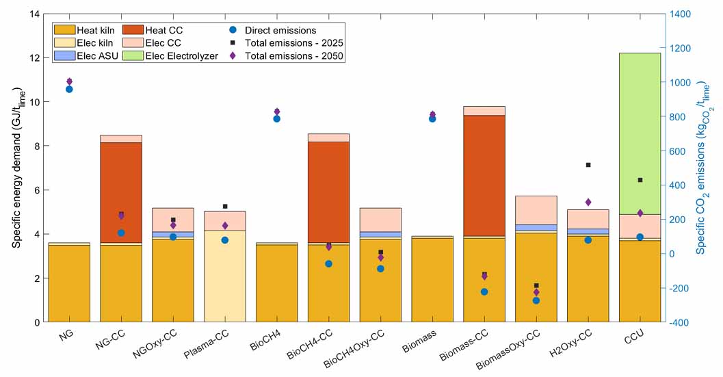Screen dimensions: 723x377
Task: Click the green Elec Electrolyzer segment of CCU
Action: tap(640, 134)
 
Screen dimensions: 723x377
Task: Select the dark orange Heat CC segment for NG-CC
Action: tap(121, 192)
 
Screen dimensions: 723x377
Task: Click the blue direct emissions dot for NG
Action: tap(69, 89)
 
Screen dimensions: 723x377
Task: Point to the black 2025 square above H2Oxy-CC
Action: tap(588, 165)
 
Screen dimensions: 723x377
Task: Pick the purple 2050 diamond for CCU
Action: tap(640, 213)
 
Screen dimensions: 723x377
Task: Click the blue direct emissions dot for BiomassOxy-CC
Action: tap(536, 300)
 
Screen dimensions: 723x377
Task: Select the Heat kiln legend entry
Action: tap(85, 31)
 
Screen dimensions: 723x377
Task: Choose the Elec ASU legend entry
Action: tap(86, 56)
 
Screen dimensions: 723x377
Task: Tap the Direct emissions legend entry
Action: tap(273, 31)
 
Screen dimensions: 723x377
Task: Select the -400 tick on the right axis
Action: tap(681, 322)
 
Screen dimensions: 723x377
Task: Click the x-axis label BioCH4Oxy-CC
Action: tap(354, 348)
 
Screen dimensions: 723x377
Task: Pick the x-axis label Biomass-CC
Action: tap(464, 345)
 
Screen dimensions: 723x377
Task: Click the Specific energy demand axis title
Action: tap(17, 167)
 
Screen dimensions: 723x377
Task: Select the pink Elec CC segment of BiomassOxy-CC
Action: tap(536, 211)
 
